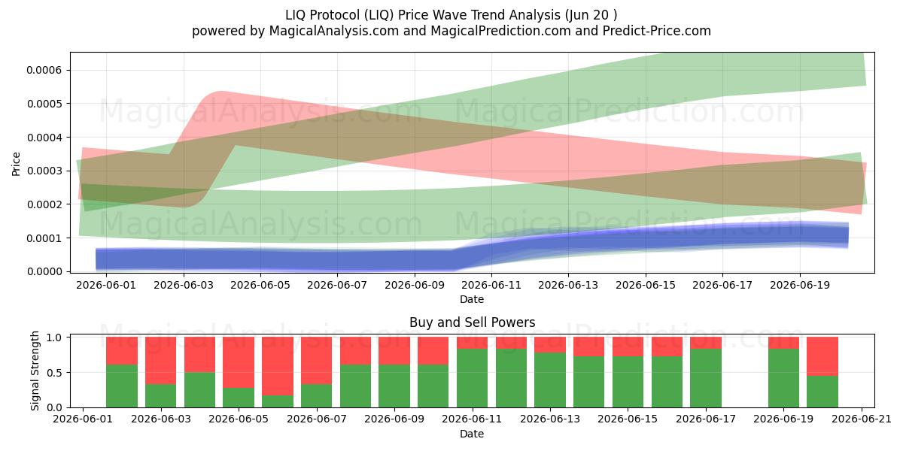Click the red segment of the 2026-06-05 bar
point(239,362)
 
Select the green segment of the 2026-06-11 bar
point(472,378)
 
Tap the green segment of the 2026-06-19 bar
point(783,378)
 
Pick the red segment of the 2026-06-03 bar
point(160,360)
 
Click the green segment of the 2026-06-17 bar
point(706,378)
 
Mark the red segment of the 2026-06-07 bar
point(317,360)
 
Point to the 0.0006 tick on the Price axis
point(68,70)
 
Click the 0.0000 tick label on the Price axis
point(44,272)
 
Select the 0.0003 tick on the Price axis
point(68,171)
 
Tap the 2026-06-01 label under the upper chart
point(106,285)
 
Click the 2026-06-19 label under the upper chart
point(800,285)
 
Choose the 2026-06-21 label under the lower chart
point(862,419)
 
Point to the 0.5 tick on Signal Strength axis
point(68,373)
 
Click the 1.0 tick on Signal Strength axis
point(68,337)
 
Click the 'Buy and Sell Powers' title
point(472,322)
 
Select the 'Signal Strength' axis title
point(35,371)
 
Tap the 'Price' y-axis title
point(16,164)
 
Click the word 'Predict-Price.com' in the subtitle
point(657,31)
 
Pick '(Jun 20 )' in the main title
point(591,15)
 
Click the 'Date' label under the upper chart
point(472,299)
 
